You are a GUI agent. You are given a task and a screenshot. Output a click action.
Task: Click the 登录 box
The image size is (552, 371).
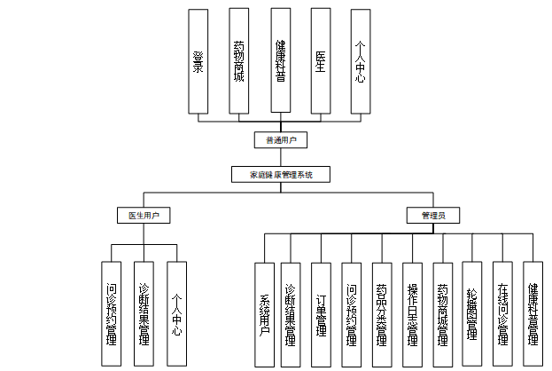click(x=199, y=61)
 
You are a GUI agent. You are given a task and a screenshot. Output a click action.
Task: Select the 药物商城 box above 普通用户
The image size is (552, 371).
click(x=239, y=61)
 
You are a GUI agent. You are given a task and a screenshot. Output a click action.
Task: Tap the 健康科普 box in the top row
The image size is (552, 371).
click(x=280, y=61)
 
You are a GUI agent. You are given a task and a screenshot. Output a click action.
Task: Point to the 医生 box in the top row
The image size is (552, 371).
click(x=320, y=61)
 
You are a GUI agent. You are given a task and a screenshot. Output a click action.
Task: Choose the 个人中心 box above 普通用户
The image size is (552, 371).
click(x=360, y=61)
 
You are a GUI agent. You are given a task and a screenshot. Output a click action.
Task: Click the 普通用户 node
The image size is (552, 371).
click(x=280, y=140)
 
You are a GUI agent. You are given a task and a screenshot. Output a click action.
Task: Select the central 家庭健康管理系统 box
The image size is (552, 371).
click(x=280, y=175)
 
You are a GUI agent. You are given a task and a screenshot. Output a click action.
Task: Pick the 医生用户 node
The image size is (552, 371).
click(x=144, y=215)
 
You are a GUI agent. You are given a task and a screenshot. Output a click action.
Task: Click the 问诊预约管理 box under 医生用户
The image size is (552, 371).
click(x=112, y=313)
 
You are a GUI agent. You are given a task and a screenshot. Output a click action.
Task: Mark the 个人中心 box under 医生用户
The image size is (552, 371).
click(x=177, y=313)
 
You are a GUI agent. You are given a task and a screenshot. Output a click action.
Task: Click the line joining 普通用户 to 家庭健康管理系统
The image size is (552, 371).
click(x=280, y=157)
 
